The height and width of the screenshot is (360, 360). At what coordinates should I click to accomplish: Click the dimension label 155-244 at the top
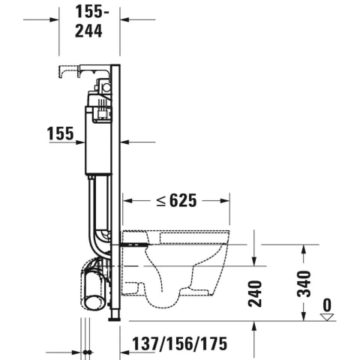click(90, 22)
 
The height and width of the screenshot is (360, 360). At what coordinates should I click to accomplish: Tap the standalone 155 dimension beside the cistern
click(61, 133)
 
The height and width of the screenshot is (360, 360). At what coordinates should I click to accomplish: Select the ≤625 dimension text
click(177, 200)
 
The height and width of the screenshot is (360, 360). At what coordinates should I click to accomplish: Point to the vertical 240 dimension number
click(255, 293)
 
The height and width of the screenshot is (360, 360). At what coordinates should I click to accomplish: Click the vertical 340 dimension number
click(304, 283)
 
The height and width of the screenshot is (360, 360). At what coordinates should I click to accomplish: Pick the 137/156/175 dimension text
click(179, 343)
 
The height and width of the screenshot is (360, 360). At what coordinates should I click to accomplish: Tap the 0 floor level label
click(327, 305)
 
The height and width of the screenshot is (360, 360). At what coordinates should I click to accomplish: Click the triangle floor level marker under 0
click(328, 317)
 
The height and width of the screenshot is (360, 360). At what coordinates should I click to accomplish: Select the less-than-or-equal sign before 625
click(161, 201)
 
